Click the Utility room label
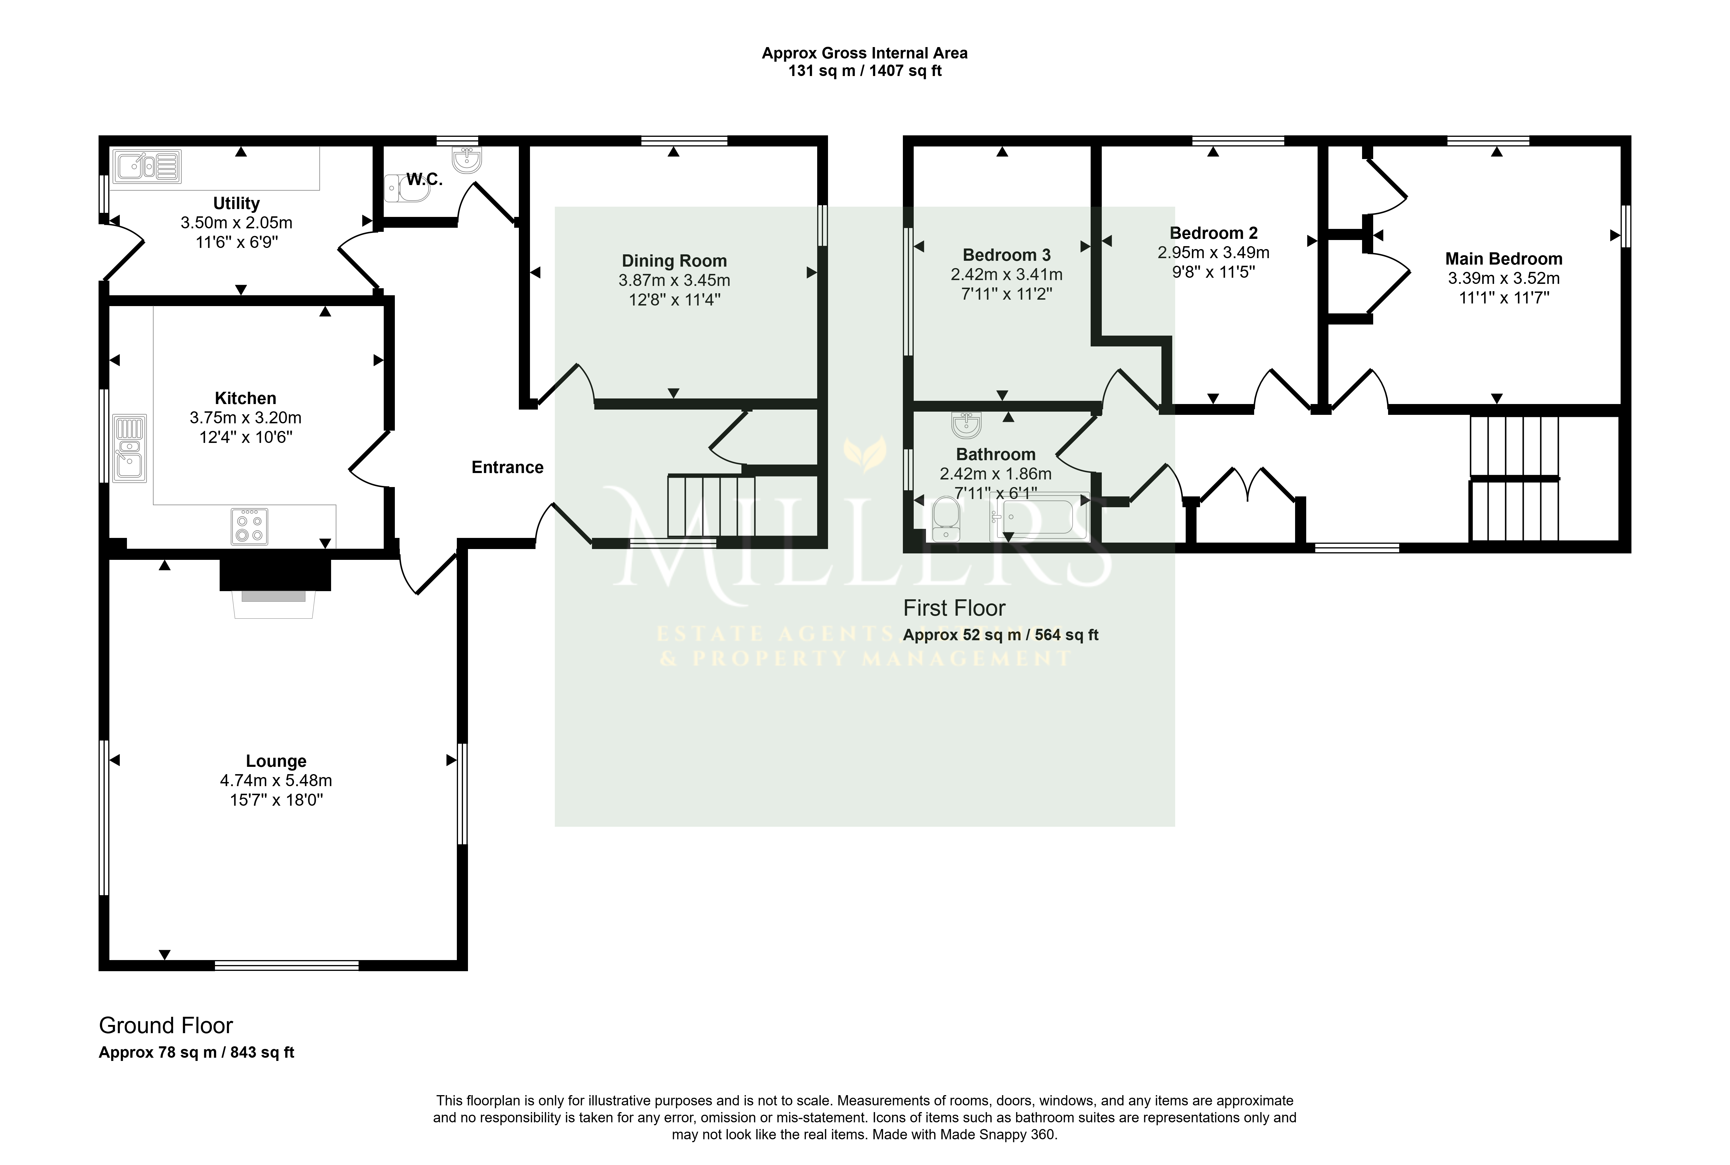tap(236, 203)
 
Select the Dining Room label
tap(674, 261)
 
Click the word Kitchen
tap(245, 398)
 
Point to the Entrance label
tap(507, 467)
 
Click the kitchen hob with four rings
tap(249, 526)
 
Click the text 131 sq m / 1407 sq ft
tap(865, 71)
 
